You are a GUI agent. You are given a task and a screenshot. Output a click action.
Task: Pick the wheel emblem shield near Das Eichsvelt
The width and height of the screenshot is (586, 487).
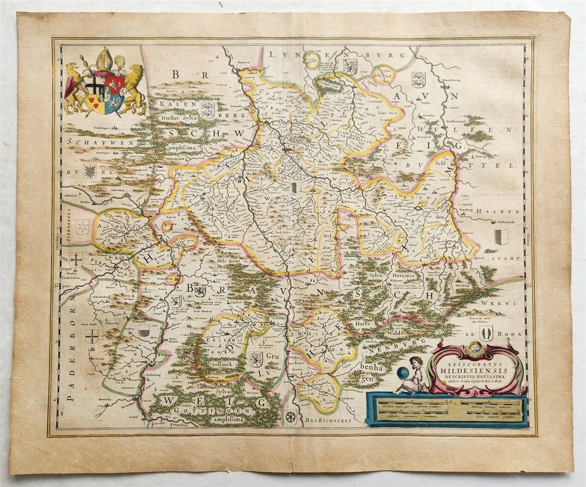[x=290, y=417]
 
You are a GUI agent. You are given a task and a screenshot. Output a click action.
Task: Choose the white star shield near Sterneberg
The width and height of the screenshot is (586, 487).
[x=82, y=227]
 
